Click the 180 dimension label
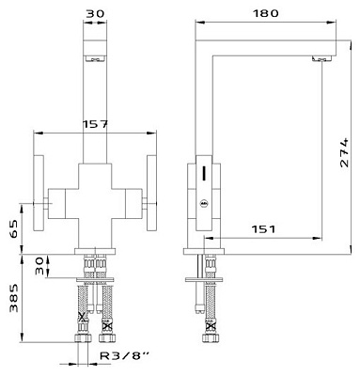coord(265,13)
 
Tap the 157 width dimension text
coord(95,124)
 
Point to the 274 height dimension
coord(344,152)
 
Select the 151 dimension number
coord(263,229)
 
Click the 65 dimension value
coord(14,229)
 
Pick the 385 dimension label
coord(14,298)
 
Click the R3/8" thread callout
coord(124,355)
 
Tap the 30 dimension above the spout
coord(95,13)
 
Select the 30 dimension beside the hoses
coord(39,266)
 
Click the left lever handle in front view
coord(39,193)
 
